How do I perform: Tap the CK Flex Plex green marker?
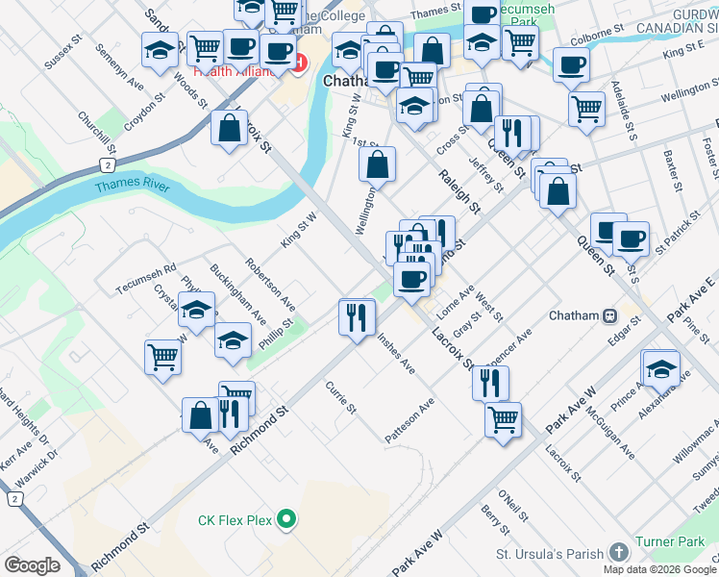(x=285, y=520)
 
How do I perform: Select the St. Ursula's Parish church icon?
(x=619, y=553)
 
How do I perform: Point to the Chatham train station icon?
(x=609, y=315)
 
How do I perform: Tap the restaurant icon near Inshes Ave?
(x=357, y=316)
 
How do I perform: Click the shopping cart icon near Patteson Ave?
(x=503, y=420)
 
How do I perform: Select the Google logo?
(x=32, y=565)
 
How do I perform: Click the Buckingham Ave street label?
(x=225, y=289)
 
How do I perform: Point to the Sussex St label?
(x=65, y=55)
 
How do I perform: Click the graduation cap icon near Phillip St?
(x=233, y=341)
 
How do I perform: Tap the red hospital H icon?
(x=298, y=63)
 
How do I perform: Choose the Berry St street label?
(x=495, y=525)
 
